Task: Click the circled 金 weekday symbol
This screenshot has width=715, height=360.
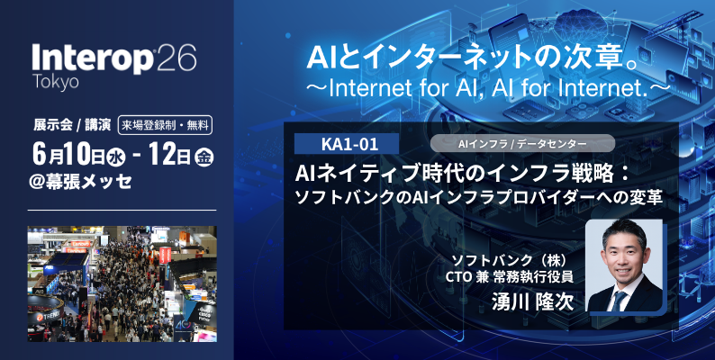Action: tap(205, 152)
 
